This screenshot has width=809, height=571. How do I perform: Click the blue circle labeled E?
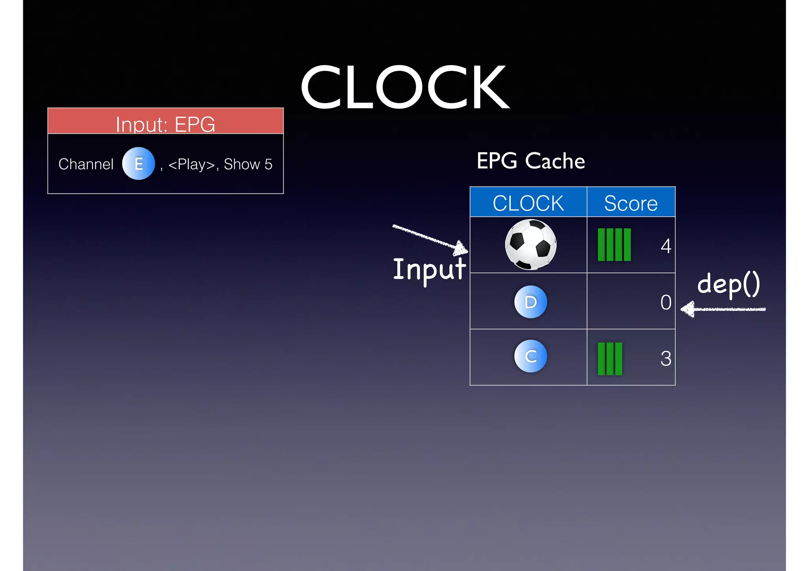138,164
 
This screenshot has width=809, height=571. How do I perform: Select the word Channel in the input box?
86,164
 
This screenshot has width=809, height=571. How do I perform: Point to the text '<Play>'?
191,164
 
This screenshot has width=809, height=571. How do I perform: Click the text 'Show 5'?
248,164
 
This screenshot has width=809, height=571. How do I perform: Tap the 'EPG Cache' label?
531,161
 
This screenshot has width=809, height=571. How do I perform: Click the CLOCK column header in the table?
528,203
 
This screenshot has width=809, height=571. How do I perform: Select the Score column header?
631,203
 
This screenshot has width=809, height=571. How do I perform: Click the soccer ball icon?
531,245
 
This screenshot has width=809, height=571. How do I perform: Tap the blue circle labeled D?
531,302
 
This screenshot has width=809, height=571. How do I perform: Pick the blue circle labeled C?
531,356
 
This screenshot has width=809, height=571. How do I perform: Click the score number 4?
666,246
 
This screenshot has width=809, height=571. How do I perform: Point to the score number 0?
666,303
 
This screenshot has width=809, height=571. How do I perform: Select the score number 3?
666,359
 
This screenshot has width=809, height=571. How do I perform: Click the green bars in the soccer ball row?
614,245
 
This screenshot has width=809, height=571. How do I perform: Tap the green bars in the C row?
610,359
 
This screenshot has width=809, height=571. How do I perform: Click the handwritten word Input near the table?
429,270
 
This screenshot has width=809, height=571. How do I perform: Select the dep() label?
728,284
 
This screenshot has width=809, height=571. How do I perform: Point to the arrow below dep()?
723,309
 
